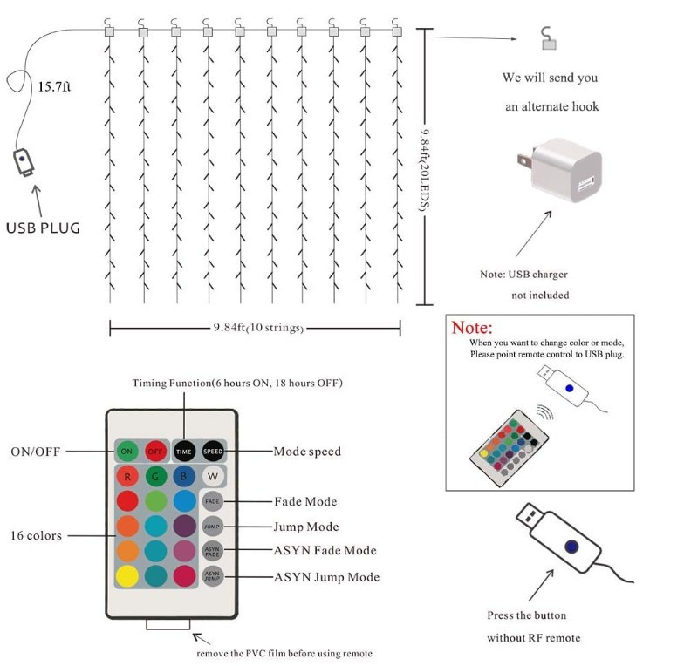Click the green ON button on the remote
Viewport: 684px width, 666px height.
(127, 452)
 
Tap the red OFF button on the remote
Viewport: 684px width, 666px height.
(156, 452)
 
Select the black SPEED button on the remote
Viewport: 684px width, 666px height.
(214, 452)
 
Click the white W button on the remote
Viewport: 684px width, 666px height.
(214, 477)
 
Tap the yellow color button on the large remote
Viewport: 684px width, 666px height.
(127, 575)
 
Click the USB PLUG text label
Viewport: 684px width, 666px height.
(43, 228)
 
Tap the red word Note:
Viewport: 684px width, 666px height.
(472, 329)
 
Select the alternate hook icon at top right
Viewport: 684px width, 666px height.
(548, 37)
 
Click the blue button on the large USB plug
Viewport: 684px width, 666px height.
(571, 547)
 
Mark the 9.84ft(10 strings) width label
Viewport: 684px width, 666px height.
(258, 328)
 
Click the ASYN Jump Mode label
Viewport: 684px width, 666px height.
(327, 577)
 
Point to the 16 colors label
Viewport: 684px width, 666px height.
(37, 535)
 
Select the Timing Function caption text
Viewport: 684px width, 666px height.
(237, 384)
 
